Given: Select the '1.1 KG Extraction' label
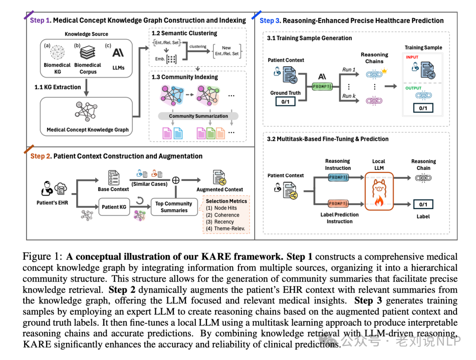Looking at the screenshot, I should (58, 87).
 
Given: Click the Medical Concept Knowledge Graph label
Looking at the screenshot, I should (88, 130).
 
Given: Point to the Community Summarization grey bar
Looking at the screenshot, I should (198, 116).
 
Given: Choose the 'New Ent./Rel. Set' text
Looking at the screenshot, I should (226, 51).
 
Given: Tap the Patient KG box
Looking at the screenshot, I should (114, 207).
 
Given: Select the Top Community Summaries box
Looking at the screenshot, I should (174, 207).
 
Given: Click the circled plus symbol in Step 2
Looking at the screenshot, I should (176, 180).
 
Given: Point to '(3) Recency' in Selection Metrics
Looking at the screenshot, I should (220, 222).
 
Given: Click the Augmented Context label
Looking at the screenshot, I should (219, 190).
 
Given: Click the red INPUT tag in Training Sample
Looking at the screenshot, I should (413, 57).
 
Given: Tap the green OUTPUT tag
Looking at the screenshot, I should (413, 88).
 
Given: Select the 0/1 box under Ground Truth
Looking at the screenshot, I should (285, 102).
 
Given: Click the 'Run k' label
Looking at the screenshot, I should (349, 96).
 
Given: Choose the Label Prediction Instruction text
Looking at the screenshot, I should (339, 218).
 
